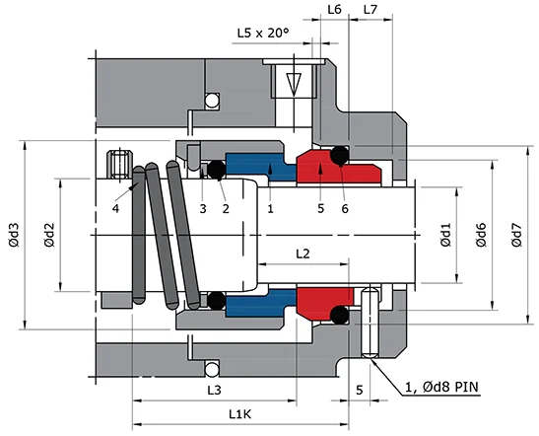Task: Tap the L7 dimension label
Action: pyautogui.click(x=371, y=9)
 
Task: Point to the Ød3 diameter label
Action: pyautogui.click(x=13, y=237)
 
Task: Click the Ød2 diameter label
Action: pyautogui.click(x=50, y=237)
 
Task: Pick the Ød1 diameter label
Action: pyautogui.click(x=445, y=234)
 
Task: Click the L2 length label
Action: pyautogui.click(x=303, y=254)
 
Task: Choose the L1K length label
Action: pyautogui.click(x=237, y=414)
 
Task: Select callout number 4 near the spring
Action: pyautogui.click(x=115, y=208)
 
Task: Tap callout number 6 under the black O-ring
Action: pyautogui.click(x=345, y=208)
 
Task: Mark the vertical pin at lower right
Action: pyautogui.click(x=370, y=324)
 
